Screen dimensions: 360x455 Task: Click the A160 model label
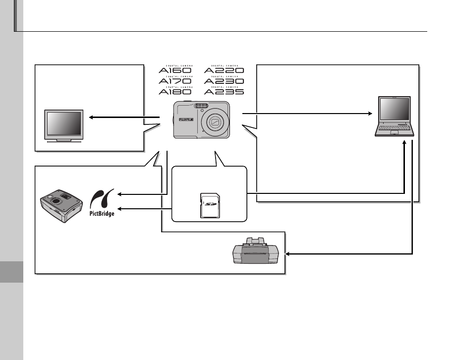[175, 70]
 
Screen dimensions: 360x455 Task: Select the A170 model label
[175, 81]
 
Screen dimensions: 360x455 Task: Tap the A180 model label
[175, 91]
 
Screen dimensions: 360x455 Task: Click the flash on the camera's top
[200, 105]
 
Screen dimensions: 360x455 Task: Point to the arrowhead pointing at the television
[91, 118]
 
